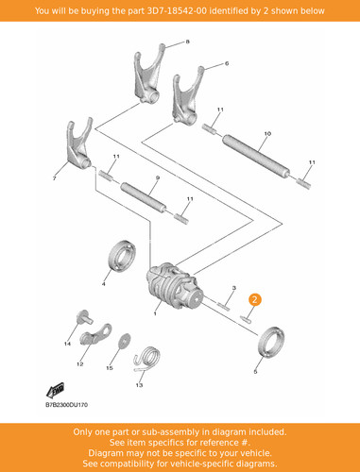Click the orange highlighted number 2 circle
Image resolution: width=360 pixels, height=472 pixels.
click(254, 299)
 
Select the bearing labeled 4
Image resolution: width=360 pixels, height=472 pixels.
click(122, 255)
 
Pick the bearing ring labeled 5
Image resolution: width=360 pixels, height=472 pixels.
click(271, 343)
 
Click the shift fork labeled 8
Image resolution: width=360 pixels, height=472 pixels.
click(148, 76)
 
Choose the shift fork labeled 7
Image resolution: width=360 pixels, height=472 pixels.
click(79, 143)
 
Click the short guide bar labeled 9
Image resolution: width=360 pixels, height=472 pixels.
click(144, 198)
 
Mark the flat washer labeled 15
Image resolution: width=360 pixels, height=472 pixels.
click(125, 341)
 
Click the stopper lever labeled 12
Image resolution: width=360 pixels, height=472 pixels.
click(96, 335)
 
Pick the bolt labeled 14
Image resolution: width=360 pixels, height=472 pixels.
click(84, 316)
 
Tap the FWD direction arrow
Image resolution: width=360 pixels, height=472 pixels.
click(55, 390)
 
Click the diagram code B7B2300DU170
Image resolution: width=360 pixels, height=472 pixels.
click(66, 405)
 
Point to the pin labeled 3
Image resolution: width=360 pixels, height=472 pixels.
click(223, 305)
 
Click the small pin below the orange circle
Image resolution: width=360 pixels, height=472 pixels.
click(246, 319)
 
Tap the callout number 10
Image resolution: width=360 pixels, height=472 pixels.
click(267, 133)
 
